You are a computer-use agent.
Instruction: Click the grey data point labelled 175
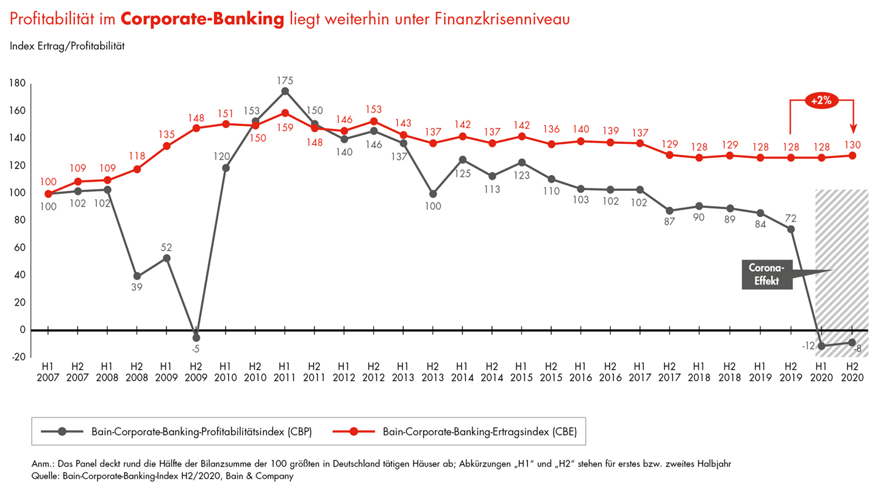tap(284, 91)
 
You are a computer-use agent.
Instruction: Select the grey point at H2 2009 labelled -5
tap(196, 338)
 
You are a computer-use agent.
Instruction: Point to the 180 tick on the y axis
tap(18, 84)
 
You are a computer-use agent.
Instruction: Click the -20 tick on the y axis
tap(18, 357)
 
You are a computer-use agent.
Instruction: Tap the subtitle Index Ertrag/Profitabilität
tap(67, 46)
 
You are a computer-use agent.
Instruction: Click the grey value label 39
tap(137, 288)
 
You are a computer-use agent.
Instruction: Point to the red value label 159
tap(284, 127)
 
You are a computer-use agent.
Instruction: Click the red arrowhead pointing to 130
tap(853, 129)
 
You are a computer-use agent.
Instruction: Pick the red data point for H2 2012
tap(373, 121)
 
